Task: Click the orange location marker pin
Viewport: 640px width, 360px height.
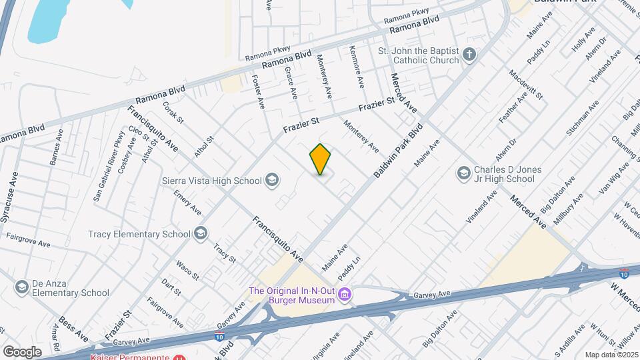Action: coord(320,159)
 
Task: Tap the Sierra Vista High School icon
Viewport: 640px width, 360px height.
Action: coord(271,179)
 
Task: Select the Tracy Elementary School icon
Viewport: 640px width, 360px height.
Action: coord(201,233)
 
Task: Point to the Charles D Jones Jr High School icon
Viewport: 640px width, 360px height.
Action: coord(463,173)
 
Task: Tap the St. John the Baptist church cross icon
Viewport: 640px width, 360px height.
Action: coord(470,55)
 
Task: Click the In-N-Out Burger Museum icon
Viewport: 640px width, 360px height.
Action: coord(345,294)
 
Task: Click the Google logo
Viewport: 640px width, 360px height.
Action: coord(21,351)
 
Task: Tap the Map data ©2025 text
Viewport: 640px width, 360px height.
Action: coord(610,355)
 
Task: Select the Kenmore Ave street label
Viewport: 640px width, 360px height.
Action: coord(356,67)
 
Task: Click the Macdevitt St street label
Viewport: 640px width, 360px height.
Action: coord(526,85)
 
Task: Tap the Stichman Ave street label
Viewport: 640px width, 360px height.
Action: coord(582,118)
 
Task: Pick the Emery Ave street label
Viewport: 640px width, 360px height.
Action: coord(187,202)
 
